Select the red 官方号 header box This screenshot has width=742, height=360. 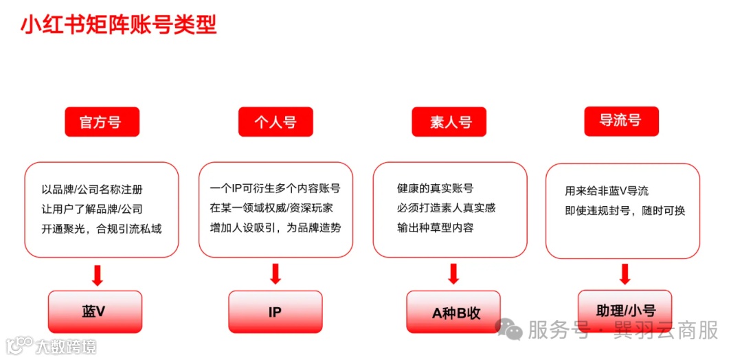tap(102, 122)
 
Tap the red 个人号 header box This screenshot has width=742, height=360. tap(276, 122)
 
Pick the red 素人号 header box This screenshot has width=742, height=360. tap(450, 122)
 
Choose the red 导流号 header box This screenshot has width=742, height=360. tap(621, 121)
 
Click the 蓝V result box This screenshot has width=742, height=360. tap(94, 311)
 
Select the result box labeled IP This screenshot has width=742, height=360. tap(275, 311)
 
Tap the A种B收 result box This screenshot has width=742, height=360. tap(453, 312)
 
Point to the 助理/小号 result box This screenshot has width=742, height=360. tap(625, 311)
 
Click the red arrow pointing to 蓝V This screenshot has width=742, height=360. tap(97, 275)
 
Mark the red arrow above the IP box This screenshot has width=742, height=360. tap(276, 273)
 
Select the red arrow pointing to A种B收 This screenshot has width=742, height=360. tap(453, 273)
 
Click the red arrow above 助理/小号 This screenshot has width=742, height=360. tap(625, 274)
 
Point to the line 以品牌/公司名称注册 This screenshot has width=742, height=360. tap(92, 190)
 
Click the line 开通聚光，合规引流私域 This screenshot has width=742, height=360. tap(101, 228)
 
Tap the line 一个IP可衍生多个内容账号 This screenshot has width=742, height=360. tap(275, 188)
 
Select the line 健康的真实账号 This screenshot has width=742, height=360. tap(435, 188)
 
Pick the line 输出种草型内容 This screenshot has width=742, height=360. tap(435, 227)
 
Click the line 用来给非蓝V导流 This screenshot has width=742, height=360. tap(607, 191)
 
